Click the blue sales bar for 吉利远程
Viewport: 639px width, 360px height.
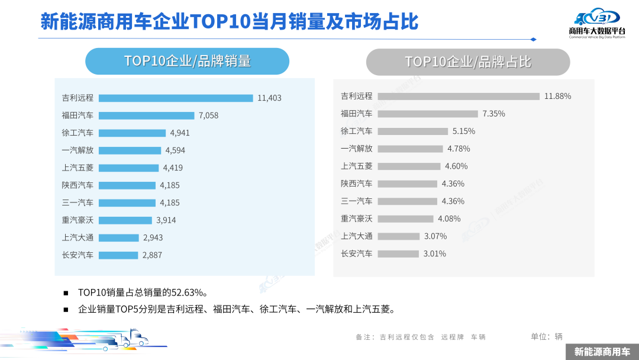click(x=176, y=98)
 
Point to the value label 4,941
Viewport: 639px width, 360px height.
click(x=180, y=133)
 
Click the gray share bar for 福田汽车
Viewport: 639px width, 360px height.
click(x=427, y=114)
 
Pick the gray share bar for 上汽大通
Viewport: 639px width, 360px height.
click(x=398, y=236)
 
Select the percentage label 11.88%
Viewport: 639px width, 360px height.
click(x=557, y=96)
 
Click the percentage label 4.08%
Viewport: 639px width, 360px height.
click(x=449, y=218)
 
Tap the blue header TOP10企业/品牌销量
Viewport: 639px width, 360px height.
click(x=187, y=61)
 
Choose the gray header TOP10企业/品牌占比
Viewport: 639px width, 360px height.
click(x=467, y=62)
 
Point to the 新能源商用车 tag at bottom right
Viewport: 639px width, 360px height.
click(x=602, y=351)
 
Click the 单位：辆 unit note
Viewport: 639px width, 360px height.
click(x=547, y=336)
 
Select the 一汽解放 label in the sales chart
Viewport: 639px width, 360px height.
click(x=78, y=150)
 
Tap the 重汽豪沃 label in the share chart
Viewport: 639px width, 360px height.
click(x=357, y=218)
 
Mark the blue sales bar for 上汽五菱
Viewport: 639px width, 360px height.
click(x=128, y=168)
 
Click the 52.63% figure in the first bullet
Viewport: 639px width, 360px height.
click(x=188, y=292)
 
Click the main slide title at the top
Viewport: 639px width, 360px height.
click(x=229, y=22)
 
